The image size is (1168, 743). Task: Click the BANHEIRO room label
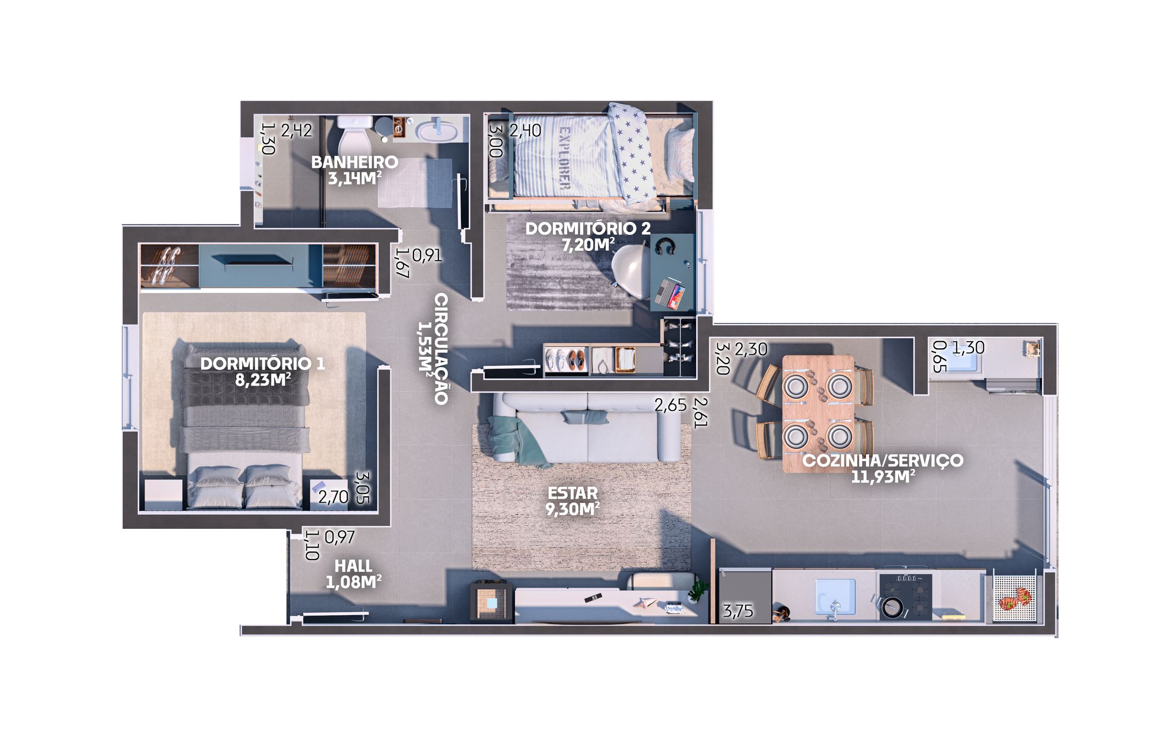coord(354,162)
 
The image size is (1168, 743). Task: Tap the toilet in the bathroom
coord(354,134)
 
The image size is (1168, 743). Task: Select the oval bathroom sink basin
coord(437,130)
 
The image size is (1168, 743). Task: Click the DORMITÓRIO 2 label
coord(588,229)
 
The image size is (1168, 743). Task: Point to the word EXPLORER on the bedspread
coord(565,158)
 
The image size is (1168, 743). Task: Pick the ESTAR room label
coord(573,493)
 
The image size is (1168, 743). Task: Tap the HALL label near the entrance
coord(353,566)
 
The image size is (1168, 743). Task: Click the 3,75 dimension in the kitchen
coord(738,611)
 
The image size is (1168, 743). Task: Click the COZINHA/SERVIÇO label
coord(883,460)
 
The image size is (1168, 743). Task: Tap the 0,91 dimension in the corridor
coord(427,255)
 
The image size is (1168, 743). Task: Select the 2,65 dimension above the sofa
coord(670,405)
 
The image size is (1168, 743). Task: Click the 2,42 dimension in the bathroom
coord(296,131)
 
